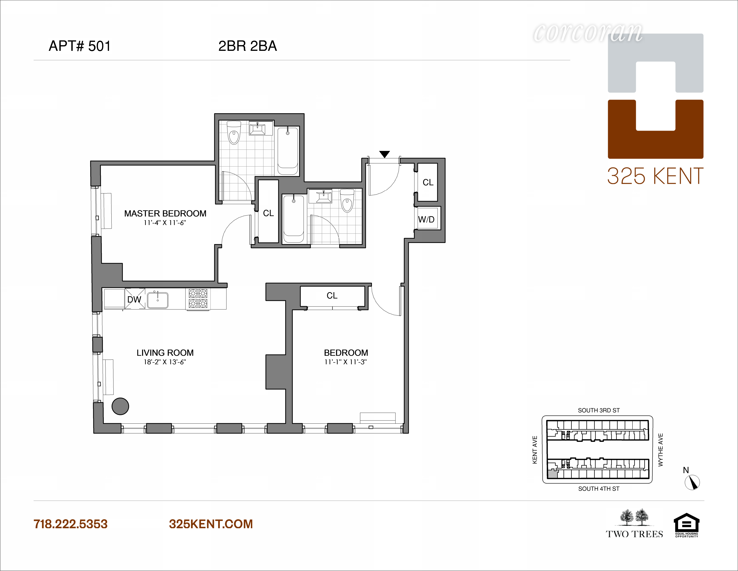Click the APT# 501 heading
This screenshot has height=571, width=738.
pos(80,46)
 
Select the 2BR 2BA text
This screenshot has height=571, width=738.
pos(248,46)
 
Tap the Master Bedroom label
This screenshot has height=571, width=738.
pos(165,213)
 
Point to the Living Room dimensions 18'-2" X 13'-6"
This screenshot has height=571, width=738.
pos(165,362)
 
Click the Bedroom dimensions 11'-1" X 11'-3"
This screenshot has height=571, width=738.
pos(346,362)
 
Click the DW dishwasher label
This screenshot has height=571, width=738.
pos(134,299)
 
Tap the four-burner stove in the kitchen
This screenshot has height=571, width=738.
pos(198,298)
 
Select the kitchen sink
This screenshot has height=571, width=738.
pos(157,300)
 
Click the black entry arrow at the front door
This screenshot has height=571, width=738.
pos(385,154)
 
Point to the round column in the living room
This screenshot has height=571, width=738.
pos(120,406)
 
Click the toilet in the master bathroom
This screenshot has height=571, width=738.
pos(234,133)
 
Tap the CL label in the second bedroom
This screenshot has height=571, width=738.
pos(332,296)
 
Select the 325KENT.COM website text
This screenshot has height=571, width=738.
pos(211,524)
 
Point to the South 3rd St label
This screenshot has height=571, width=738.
pos(599,410)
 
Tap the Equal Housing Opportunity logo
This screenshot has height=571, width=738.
pos(686,525)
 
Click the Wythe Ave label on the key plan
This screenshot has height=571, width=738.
pos(661,450)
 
